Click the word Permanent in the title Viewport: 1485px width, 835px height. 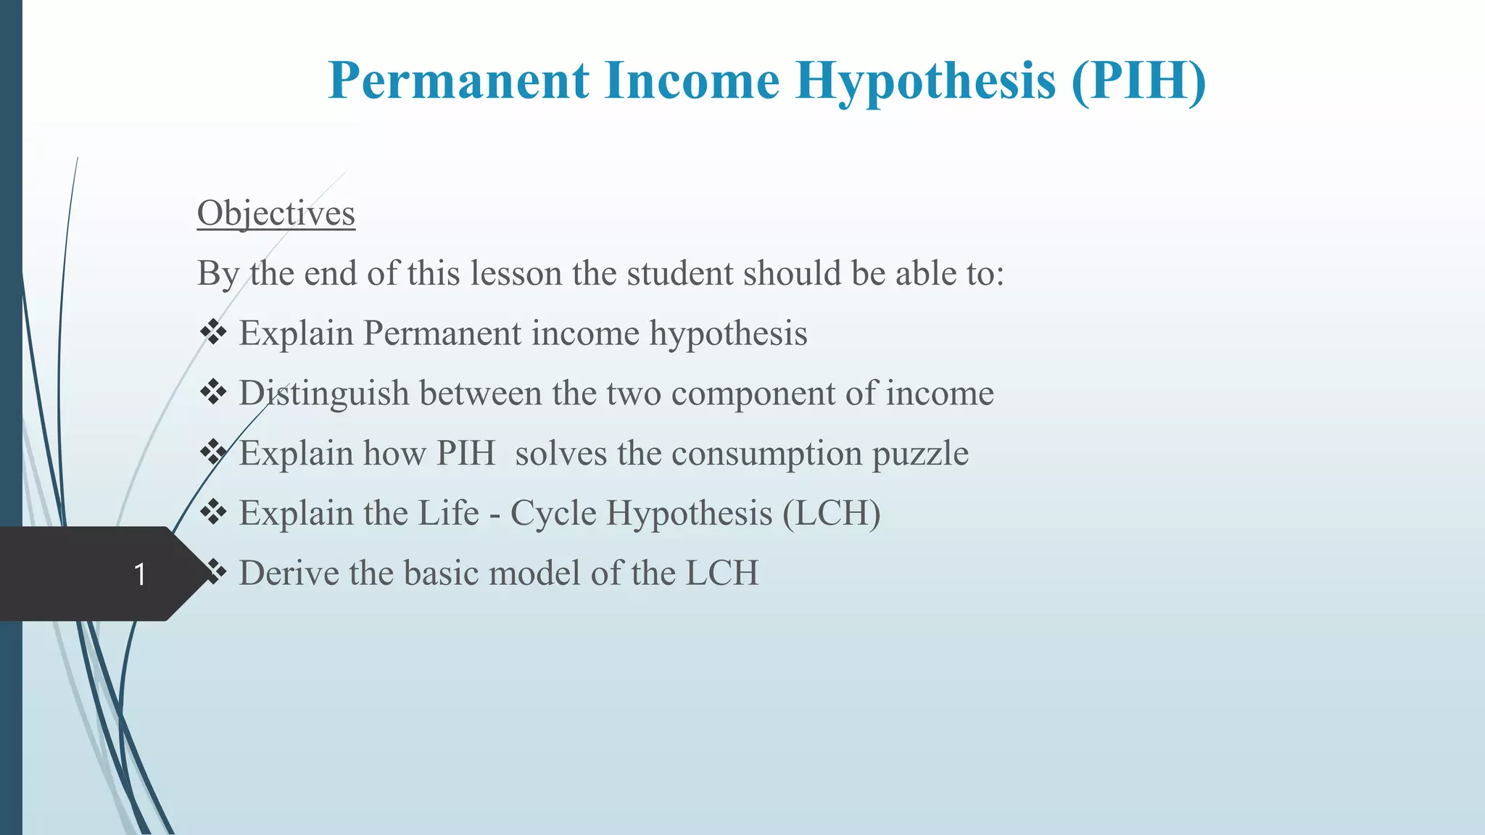tap(458, 80)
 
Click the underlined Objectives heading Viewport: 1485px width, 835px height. tap(276, 214)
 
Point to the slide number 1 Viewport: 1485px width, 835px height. tap(140, 574)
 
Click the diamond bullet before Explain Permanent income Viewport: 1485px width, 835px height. tap(213, 333)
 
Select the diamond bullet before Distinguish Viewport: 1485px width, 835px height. tap(213, 393)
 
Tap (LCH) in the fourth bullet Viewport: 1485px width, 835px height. tap(832, 514)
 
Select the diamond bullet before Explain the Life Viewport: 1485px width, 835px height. tap(213, 512)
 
